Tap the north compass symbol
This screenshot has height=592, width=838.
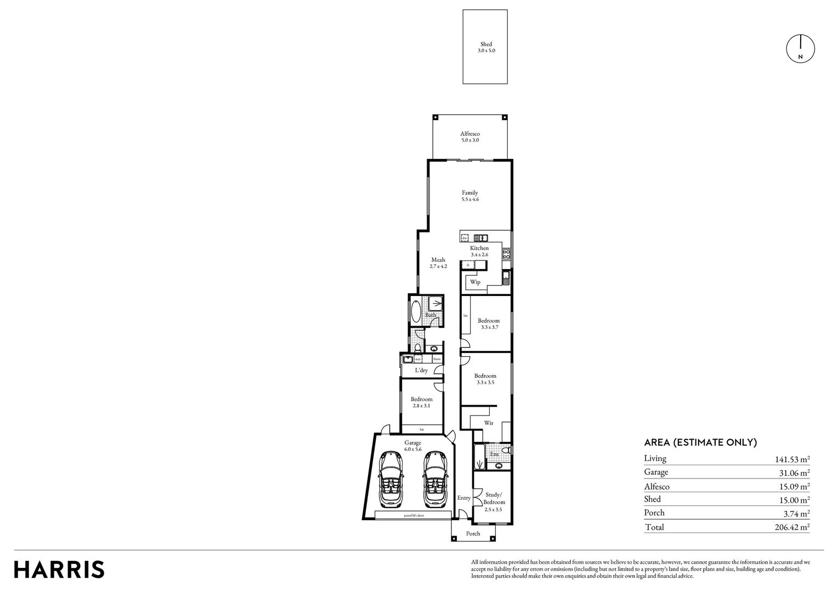click(x=801, y=49)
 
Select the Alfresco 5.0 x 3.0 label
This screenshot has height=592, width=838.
click(x=470, y=137)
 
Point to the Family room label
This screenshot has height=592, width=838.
click(x=470, y=196)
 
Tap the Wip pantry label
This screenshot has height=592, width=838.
click(x=475, y=282)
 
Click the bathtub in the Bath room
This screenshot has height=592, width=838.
click(x=416, y=311)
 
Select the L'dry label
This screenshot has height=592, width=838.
click(x=421, y=371)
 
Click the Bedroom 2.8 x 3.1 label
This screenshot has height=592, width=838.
click(x=422, y=402)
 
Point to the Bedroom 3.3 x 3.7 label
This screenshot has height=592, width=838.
click(x=489, y=323)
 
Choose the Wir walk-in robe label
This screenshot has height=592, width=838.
click(x=489, y=423)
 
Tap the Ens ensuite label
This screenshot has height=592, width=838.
click(x=494, y=454)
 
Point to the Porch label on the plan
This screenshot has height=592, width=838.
click(x=473, y=533)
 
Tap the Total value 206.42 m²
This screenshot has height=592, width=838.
click(x=789, y=527)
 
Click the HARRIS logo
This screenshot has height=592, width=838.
click(x=59, y=570)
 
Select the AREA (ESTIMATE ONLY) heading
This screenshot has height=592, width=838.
click(x=700, y=442)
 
